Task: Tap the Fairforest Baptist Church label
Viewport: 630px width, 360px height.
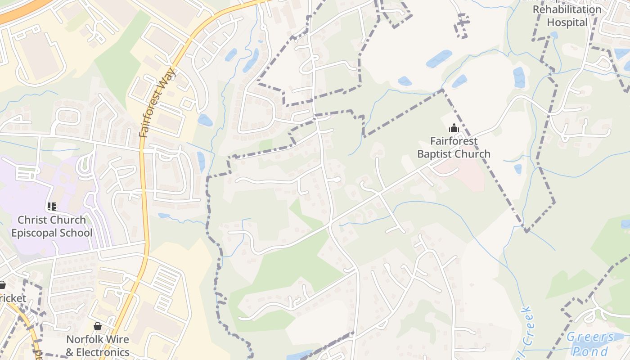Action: point(454,148)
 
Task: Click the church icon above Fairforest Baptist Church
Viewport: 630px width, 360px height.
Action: point(454,128)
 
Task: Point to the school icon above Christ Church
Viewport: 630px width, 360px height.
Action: point(52,207)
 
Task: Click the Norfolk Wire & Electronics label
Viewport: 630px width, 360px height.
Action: point(98,346)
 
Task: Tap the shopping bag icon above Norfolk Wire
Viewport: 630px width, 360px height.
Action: point(98,326)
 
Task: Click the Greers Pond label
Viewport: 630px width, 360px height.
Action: point(590,344)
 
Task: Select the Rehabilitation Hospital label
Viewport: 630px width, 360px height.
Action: point(573,16)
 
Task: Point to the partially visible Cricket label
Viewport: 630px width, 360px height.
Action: point(13,298)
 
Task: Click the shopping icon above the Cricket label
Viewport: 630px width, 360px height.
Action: point(2,285)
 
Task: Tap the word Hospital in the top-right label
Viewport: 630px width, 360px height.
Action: point(567,22)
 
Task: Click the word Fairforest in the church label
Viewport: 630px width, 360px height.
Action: point(454,141)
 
